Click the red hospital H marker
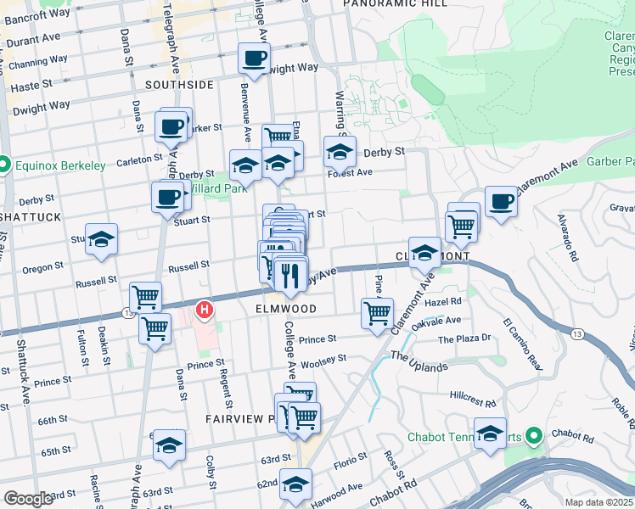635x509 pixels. pyautogui.click(x=205, y=310)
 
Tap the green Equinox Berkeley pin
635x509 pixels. pyautogui.click(x=4, y=165)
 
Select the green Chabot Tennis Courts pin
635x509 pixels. pyautogui.click(x=533, y=437)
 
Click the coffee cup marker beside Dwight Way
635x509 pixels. pyautogui.click(x=254, y=59)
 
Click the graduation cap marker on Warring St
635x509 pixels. pyautogui.click(x=340, y=153)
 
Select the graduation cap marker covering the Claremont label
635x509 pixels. pyautogui.click(x=425, y=253)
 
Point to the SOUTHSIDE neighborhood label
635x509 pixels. pyautogui.click(x=179, y=85)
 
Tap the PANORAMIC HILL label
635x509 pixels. pyautogui.click(x=383, y=4)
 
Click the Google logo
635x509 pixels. pyautogui.click(x=28, y=499)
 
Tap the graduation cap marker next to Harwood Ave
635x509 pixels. pyautogui.click(x=296, y=485)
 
